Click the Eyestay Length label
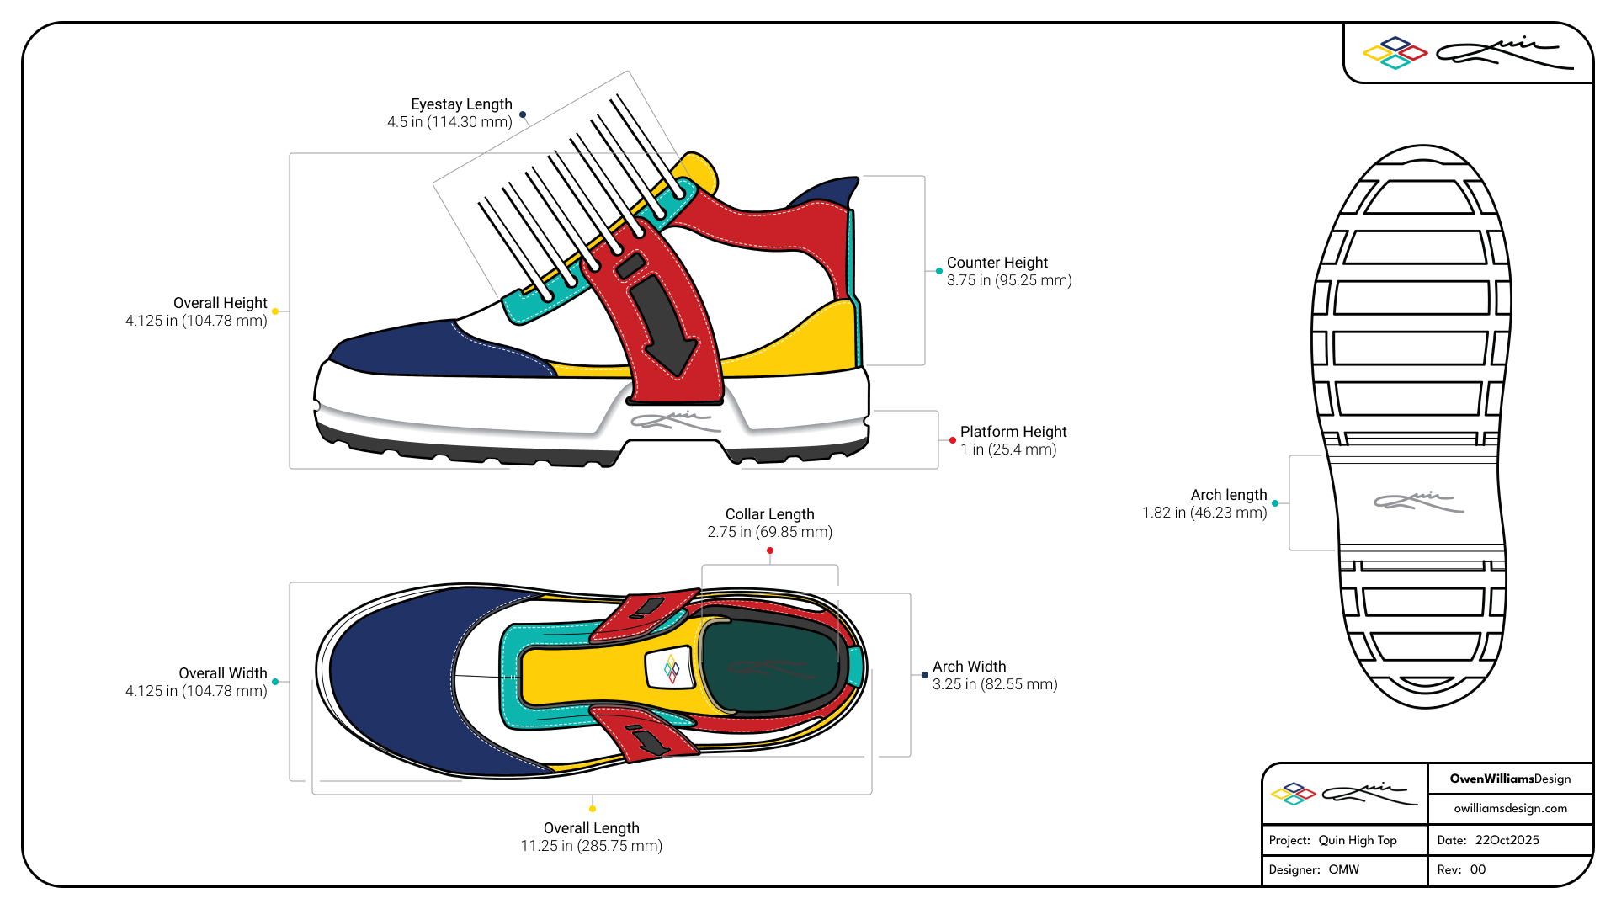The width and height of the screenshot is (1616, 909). pos(461,104)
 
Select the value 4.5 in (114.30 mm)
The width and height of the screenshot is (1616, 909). pos(449,122)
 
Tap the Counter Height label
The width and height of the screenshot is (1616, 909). pos(997,263)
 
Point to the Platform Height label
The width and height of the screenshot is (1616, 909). pos(1013,432)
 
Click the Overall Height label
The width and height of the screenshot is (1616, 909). pos(220,303)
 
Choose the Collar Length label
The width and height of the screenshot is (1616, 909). pos(769,514)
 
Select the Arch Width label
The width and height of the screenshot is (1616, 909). pos(969,667)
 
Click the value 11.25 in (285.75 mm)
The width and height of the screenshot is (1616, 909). pos(591,846)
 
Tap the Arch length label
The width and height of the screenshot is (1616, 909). pos(1228,495)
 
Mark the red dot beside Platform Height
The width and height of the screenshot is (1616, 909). pos(953,440)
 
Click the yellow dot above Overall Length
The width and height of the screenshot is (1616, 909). pos(593,809)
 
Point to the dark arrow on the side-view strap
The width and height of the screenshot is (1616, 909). pos(664,324)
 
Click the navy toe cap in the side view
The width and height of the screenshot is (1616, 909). pos(421,349)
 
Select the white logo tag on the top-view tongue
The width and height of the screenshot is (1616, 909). pos(671,669)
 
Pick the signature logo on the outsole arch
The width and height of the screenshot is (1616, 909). pos(1419,502)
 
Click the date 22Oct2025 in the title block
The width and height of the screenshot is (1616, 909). pos(1507,840)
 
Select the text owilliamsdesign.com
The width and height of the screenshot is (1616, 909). pos(1510,808)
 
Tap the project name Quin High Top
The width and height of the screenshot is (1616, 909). pos(1358,840)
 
